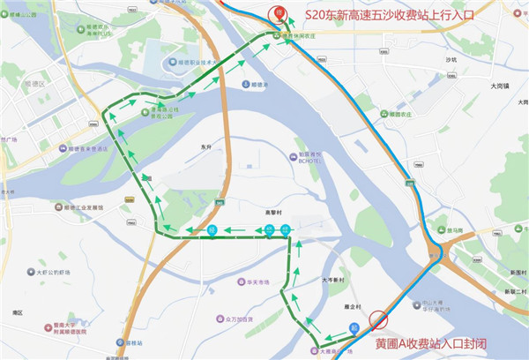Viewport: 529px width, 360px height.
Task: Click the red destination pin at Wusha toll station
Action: point(279,13)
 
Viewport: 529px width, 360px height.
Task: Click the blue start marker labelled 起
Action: point(354,328)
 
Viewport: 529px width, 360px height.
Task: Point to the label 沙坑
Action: point(453,59)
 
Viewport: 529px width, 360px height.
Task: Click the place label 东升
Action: point(207,147)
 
